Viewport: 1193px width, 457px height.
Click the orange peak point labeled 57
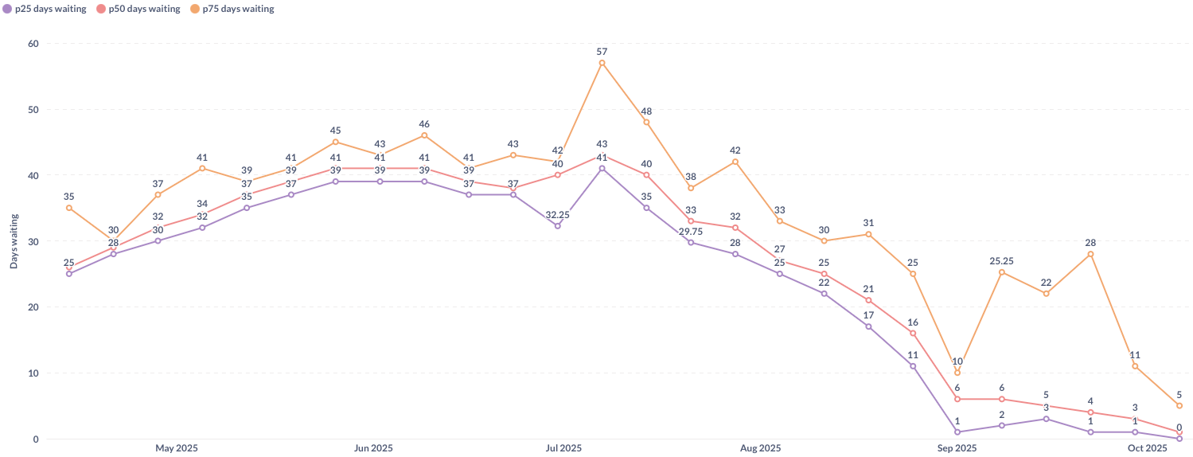[x=602, y=63]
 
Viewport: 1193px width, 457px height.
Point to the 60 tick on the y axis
[x=33, y=44]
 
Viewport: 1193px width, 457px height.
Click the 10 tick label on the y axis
[x=33, y=373]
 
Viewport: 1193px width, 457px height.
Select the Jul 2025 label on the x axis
[x=563, y=448]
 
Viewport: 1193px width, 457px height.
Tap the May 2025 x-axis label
[x=177, y=448]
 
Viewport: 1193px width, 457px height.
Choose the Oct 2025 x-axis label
[x=1147, y=448]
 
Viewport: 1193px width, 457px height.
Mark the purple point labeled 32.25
[x=557, y=226]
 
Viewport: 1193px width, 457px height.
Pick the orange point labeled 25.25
[x=1001, y=272]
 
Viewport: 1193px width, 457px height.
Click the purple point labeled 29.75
[x=691, y=242]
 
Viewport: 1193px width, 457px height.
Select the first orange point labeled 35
[x=69, y=208]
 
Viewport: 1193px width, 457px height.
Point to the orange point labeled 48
[x=646, y=122]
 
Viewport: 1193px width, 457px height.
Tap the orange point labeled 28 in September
[x=1090, y=254]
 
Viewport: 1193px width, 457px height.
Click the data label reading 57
[x=602, y=52]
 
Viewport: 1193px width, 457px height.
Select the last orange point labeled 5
[x=1179, y=405]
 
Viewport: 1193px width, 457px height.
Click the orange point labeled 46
[x=424, y=135]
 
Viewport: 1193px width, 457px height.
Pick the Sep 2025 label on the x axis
[x=957, y=448]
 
